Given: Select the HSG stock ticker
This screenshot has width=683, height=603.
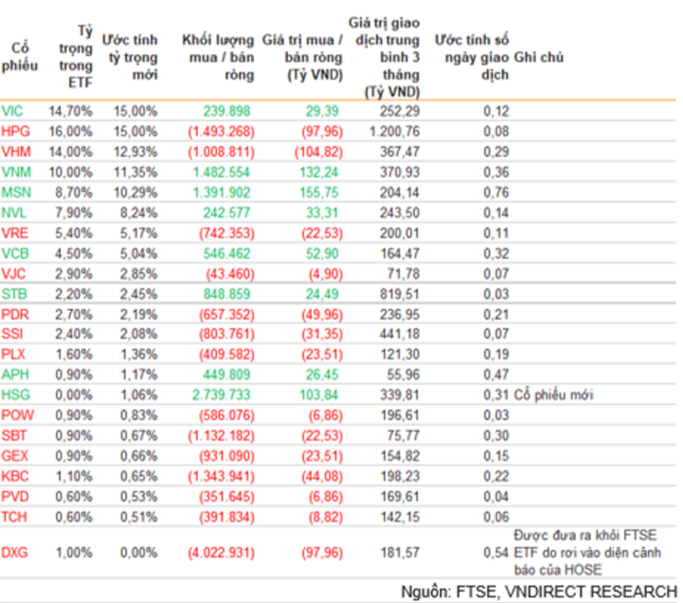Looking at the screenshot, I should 15,394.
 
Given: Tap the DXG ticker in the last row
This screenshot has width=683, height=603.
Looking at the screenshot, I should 15,552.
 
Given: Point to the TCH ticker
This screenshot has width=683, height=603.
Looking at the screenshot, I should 14,516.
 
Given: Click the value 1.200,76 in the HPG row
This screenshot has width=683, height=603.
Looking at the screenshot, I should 389,130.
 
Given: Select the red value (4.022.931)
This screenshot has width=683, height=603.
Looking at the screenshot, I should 220,552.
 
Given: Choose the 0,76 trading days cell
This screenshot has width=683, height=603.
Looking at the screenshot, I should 496,192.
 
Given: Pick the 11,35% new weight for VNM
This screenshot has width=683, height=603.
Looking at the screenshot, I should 136,172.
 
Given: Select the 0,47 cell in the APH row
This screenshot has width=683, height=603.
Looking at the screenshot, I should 496,374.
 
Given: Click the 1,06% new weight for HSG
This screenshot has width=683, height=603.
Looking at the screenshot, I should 139,394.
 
